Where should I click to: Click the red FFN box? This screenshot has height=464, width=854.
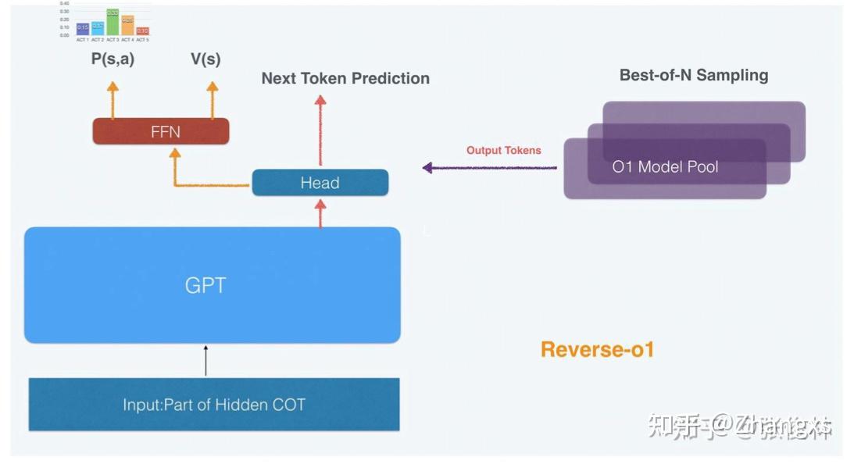[160, 131]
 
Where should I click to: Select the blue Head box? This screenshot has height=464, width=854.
[320, 183]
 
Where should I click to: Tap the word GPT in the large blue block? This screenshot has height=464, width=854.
[205, 285]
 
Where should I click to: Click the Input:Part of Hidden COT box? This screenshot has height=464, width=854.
[213, 405]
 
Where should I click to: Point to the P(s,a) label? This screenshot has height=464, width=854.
[113, 59]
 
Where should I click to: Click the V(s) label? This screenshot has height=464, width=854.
[205, 59]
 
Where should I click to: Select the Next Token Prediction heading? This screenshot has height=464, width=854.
[345, 78]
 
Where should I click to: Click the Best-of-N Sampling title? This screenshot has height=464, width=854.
[693, 75]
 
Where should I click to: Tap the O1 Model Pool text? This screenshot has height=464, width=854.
[665, 166]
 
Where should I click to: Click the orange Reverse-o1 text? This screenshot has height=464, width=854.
[597, 348]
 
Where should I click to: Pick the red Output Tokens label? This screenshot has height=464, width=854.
[503, 150]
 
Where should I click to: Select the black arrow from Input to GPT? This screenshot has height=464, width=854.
[205, 360]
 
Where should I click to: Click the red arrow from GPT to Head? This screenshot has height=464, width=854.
[320, 212]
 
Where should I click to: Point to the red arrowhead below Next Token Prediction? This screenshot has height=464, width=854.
[320, 100]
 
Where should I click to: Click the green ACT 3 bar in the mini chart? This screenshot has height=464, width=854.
[113, 23]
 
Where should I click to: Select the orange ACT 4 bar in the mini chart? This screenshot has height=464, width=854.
[127, 26]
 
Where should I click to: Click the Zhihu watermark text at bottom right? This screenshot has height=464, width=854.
[738, 426]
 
